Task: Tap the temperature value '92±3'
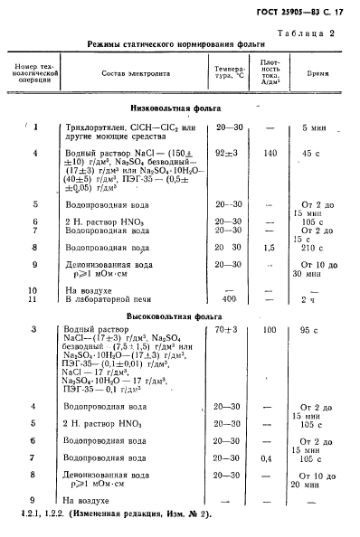pyautogui.click(x=227, y=154)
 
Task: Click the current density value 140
pyautogui.click(x=270, y=154)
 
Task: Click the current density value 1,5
pyautogui.click(x=269, y=246)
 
